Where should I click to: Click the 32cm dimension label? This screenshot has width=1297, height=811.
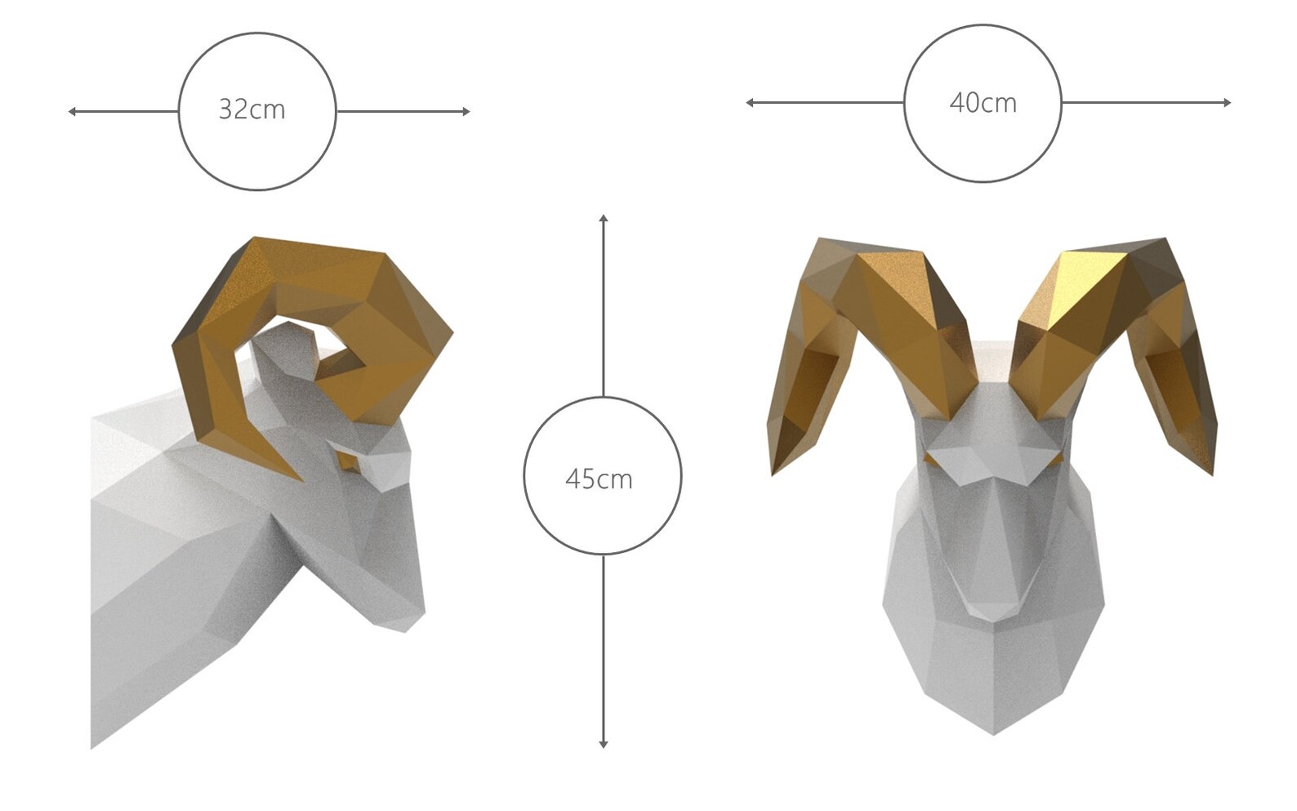[x=252, y=109]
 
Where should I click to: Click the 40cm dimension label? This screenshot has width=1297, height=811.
[x=983, y=103]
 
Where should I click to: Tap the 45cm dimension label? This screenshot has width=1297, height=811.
[x=599, y=479]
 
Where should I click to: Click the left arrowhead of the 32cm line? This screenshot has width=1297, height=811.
[x=72, y=111]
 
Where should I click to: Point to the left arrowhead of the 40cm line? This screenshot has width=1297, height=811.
[x=750, y=102]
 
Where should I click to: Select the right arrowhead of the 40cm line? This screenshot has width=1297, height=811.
[x=1227, y=102]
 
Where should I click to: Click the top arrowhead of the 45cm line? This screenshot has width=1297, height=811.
[x=603, y=218]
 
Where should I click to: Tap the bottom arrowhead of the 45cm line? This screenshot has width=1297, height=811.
[x=603, y=744]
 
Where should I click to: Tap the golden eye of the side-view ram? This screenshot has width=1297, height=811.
[x=349, y=463]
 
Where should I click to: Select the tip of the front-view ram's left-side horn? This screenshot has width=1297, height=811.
[x=773, y=472]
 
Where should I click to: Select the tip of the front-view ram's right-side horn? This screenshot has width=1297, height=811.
[x=1212, y=472]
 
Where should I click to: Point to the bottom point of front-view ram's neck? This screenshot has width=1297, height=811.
[x=993, y=733]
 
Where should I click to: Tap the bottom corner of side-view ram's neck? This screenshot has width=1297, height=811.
[x=92, y=746]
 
